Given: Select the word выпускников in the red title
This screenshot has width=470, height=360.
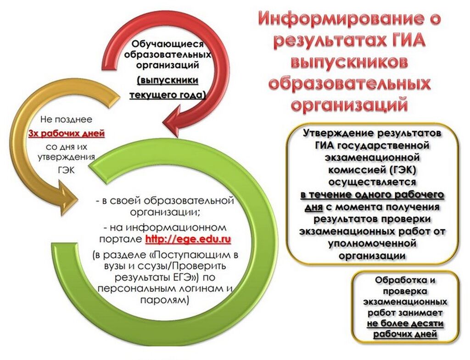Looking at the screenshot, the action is point(349,62).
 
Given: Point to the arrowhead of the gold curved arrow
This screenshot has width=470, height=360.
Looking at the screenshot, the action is point(68,199).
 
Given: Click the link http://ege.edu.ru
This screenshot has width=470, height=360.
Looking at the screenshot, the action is point(188,239).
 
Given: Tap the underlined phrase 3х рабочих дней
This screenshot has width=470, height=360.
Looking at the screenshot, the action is point(67,133).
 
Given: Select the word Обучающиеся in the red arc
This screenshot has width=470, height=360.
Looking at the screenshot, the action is point(168,44).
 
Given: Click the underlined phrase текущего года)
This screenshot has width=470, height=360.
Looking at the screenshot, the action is point(168,95).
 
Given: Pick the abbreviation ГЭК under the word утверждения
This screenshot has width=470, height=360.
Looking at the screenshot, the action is point(67,170).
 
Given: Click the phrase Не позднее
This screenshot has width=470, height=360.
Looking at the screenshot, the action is point(66,120).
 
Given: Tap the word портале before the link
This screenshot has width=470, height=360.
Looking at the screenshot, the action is point(121,239).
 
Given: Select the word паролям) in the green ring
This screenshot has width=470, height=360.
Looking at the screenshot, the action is point(165,300).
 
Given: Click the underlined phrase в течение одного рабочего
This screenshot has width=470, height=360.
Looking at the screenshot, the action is point(372,195).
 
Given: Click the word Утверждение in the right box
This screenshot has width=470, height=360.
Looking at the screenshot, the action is point(338,133).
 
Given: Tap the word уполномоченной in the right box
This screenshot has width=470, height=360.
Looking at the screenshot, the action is point(372,243).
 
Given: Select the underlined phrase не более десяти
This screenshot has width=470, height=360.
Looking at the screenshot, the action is point(405,324).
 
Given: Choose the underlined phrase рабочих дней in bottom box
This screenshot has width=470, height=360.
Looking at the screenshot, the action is point(405,334).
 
